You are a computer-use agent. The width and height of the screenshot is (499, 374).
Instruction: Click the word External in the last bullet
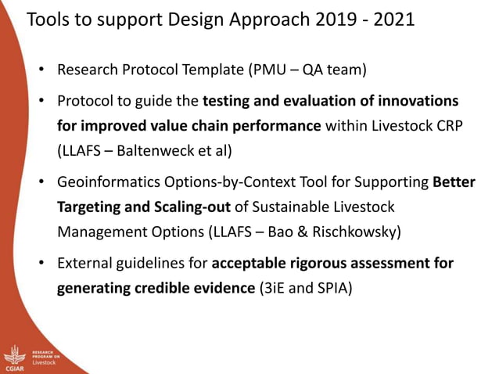click(83, 263)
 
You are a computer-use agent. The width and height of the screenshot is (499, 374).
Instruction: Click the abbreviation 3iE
click(273, 288)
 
